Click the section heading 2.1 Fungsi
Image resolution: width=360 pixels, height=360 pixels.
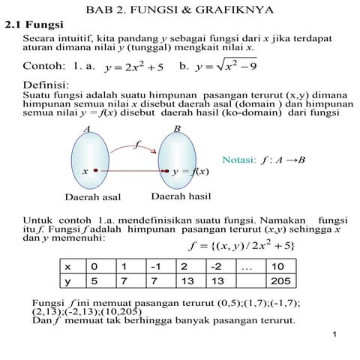tap(34, 25)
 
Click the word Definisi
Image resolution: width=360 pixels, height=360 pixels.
tap(46, 85)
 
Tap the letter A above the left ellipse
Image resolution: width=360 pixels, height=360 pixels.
tap(87, 129)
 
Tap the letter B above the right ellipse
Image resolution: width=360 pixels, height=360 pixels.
tap(177, 129)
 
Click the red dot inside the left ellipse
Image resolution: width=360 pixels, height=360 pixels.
tap(96, 171)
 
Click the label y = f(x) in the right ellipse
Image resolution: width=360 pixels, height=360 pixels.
tap(190, 171)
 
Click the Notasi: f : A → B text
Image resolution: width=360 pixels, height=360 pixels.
tap(264, 160)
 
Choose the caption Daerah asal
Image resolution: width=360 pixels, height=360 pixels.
tap(92, 198)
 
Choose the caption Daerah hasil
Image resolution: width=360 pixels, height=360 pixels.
tap(181, 196)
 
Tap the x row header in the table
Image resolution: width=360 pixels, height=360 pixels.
tap(68, 266)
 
